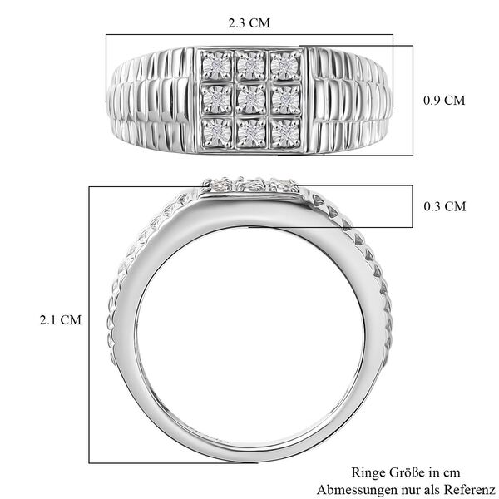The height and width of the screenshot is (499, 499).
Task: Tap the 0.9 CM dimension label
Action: coord(442,100)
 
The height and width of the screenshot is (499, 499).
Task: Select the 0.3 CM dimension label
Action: coord(442,206)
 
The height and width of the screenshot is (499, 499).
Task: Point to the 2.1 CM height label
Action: coord(61,319)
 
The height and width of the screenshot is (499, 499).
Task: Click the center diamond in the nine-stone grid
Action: coord(249,100)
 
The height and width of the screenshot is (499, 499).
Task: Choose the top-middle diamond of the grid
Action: coord(249,65)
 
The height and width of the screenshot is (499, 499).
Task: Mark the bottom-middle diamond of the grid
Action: coord(249,131)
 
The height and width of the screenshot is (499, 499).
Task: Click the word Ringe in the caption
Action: coord(368,472)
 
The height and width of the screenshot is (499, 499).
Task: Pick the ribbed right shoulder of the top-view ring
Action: coord(349,100)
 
